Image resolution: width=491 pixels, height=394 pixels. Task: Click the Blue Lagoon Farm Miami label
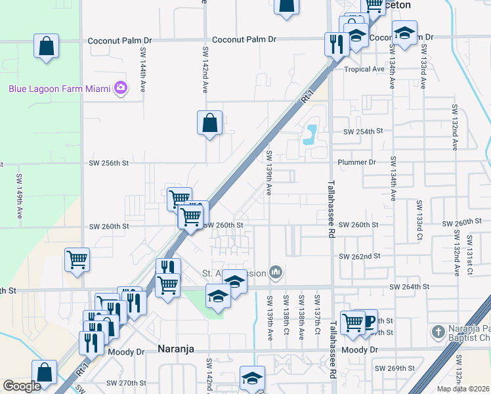coord(59,89)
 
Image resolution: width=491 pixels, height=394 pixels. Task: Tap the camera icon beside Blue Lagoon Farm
coord(120,88)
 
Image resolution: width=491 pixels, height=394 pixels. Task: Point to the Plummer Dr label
coord(356,162)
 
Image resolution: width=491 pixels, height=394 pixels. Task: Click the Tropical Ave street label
coord(364,69)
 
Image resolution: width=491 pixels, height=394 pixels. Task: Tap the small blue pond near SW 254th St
coord(309,134)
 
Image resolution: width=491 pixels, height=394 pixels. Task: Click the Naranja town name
coord(176,349)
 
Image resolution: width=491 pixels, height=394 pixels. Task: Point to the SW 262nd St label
coord(359,256)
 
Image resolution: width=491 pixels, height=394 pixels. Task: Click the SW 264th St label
coord(409,287)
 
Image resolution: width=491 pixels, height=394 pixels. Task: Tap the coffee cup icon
coord(368,321)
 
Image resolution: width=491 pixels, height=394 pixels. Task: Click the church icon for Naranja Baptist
coord(438,332)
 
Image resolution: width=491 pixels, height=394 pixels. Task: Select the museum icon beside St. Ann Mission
coord(276,271)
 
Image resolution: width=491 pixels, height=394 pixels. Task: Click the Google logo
coord(22,385)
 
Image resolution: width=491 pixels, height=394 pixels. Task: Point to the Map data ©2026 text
coord(463,389)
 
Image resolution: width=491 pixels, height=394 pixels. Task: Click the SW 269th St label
coord(406,368)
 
